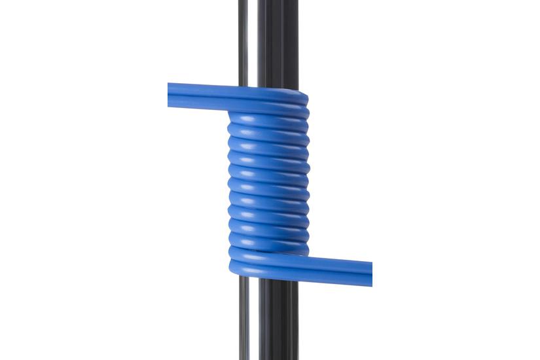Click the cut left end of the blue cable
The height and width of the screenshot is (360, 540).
point(170,95)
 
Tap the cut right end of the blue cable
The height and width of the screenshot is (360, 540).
point(370,274)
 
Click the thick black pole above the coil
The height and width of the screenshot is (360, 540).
point(278,39)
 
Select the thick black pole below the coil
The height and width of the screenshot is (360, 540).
point(278,321)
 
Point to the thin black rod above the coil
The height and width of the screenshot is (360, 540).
point(243,39)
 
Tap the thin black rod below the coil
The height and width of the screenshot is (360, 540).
point(243,321)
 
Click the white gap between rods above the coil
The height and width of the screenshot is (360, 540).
point(253,39)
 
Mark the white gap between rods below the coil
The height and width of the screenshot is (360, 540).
point(253,321)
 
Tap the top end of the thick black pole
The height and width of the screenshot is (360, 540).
point(278,3)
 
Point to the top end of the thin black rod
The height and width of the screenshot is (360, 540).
point(243,3)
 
